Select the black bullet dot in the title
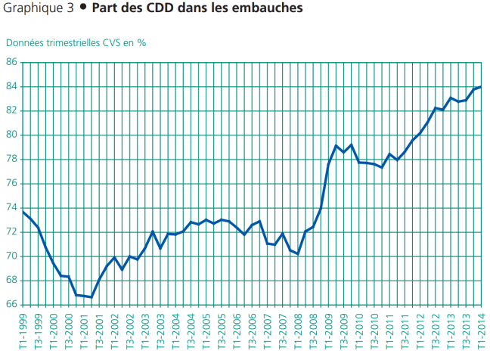pos(82,10)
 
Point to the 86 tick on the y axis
pos(12,62)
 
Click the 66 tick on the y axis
pos(12,304)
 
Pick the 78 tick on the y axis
pos(12,159)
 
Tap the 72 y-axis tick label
pos(12,231)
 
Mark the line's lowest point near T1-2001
pos(91,297)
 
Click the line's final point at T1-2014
pos(481,87)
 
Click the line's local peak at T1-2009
pos(336,145)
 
